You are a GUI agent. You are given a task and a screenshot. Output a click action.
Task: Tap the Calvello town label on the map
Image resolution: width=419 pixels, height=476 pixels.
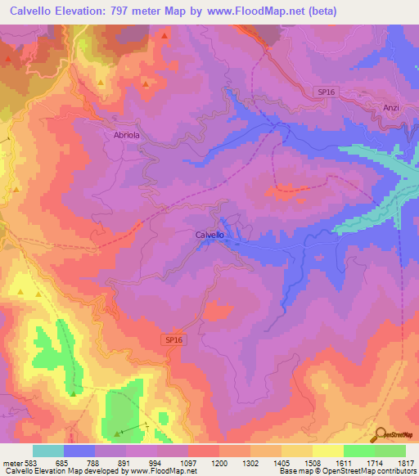click(209, 235)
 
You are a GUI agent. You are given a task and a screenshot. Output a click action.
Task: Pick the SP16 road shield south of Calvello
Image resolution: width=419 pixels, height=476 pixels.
click(169, 338)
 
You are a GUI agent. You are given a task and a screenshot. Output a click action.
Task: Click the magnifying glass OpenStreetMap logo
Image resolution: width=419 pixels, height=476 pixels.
click(381, 436)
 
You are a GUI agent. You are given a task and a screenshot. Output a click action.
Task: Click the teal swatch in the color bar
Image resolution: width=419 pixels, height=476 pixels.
click(47, 451)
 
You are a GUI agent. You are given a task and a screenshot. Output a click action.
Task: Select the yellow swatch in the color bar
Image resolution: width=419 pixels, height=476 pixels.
click(327, 451)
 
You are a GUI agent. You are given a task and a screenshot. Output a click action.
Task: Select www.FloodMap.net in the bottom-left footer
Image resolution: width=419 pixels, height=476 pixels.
click(164, 471)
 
